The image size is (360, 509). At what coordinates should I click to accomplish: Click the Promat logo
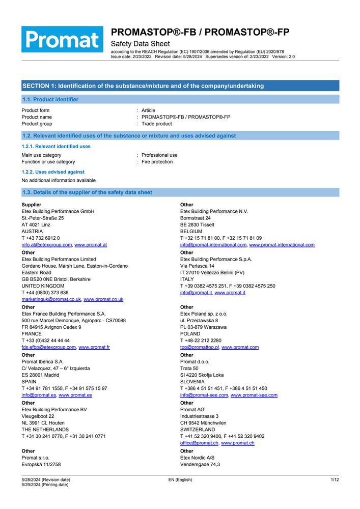coord(62,39)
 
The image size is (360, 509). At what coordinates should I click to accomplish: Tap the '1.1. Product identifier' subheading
coord(50,100)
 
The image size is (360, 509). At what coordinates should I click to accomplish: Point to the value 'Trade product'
coord(157,124)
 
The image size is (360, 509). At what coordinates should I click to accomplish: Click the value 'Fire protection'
coord(157,162)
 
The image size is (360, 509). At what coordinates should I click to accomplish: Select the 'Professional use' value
coord(159,155)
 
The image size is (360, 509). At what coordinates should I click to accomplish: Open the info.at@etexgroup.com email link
coord(47,245)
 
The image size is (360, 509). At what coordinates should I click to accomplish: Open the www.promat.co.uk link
coord(103,300)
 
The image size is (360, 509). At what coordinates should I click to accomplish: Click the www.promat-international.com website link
coord(282,245)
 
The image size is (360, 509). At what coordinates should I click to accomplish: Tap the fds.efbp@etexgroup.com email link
coord(48,348)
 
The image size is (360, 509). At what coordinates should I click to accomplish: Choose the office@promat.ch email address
coord(199,443)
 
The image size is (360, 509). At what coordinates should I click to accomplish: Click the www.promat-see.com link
coord(254,395)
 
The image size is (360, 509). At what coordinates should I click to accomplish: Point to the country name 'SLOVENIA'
coord(192,382)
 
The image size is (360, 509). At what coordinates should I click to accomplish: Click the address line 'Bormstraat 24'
coord(196,218)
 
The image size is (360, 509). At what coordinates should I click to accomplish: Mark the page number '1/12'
coord(335,480)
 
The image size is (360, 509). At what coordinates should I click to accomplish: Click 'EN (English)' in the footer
coord(180,480)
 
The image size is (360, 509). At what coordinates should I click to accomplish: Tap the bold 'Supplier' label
coord(32,205)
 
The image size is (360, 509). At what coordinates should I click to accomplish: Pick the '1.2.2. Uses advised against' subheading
coord(53,172)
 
